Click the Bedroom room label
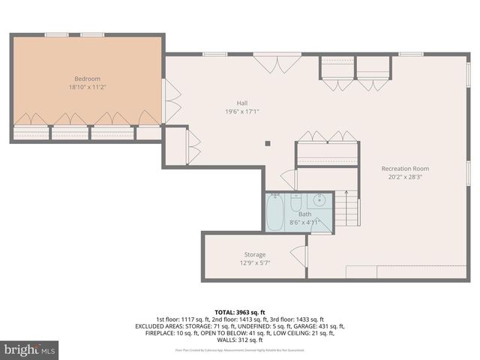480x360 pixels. tap(87, 79)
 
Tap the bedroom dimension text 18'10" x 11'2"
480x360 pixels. tap(87, 87)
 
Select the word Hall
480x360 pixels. tap(241, 103)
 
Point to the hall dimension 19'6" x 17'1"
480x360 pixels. tap(241, 112)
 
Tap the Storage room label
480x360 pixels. tap(254, 255)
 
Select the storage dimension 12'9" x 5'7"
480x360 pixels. tap(254, 263)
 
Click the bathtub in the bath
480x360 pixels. tap(275, 213)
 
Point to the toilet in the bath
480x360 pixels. tap(295, 203)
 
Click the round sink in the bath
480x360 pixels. tap(319, 200)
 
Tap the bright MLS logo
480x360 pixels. tap(30, 349)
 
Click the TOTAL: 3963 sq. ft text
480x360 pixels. tap(240, 311)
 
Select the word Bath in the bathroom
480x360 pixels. tap(304, 214)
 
